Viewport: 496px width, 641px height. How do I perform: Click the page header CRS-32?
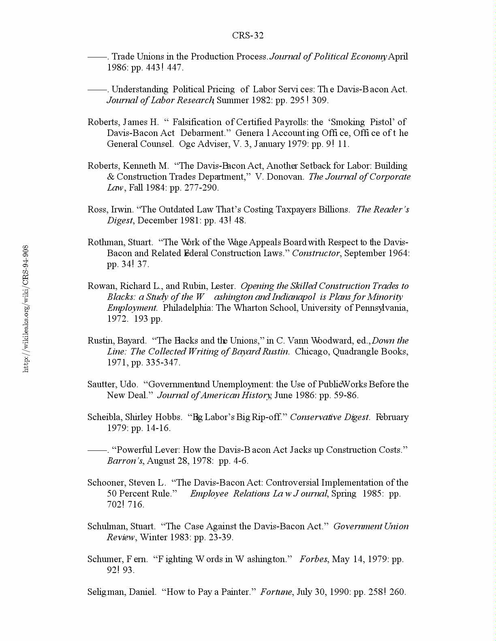248,36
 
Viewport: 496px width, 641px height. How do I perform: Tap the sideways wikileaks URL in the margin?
26,308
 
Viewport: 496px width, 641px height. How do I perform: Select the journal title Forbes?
313,559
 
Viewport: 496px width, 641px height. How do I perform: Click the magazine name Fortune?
276,592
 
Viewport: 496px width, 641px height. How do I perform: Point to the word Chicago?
311,351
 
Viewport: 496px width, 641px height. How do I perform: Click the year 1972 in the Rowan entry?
117,318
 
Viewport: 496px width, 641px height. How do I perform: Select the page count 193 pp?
148,318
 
